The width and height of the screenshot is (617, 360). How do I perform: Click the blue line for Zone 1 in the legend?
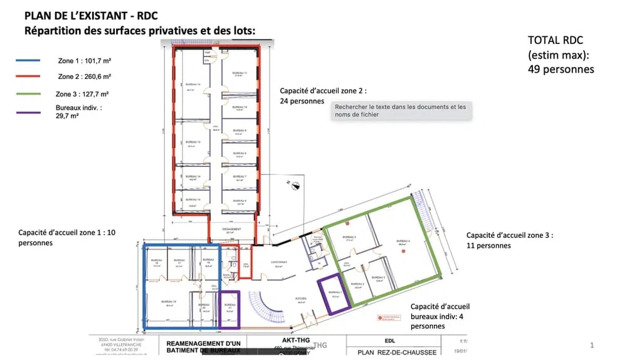[x=28, y=61]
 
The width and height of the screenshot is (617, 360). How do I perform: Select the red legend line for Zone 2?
[x=28, y=77]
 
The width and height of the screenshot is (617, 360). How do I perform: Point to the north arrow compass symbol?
[x=293, y=184]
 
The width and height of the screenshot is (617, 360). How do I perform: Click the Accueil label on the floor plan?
[x=301, y=299]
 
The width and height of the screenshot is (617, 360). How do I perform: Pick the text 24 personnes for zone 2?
[x=302, y=101]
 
